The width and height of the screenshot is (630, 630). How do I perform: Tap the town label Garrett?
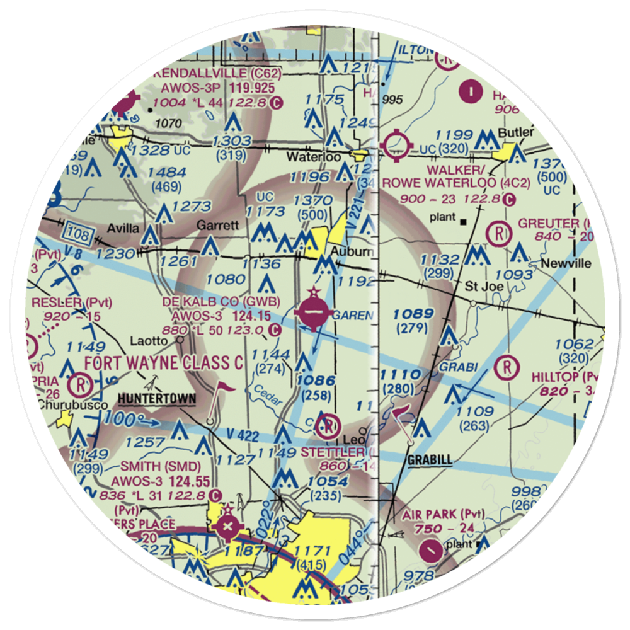pyautogui.click(x=218, y=225)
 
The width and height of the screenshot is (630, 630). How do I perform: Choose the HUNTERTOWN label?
pyautogui.click(x=156, y=399)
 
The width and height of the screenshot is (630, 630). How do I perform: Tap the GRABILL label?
pyautogui.click(x=430, y=460)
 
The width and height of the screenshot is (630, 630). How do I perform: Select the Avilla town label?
pyautogui.click(x=125, y=228)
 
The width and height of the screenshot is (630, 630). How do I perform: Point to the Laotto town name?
pyautogui.click(x=148, y=341)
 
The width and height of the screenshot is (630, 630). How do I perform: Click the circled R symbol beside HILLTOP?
pyautogui.click(x=506, y=367)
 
